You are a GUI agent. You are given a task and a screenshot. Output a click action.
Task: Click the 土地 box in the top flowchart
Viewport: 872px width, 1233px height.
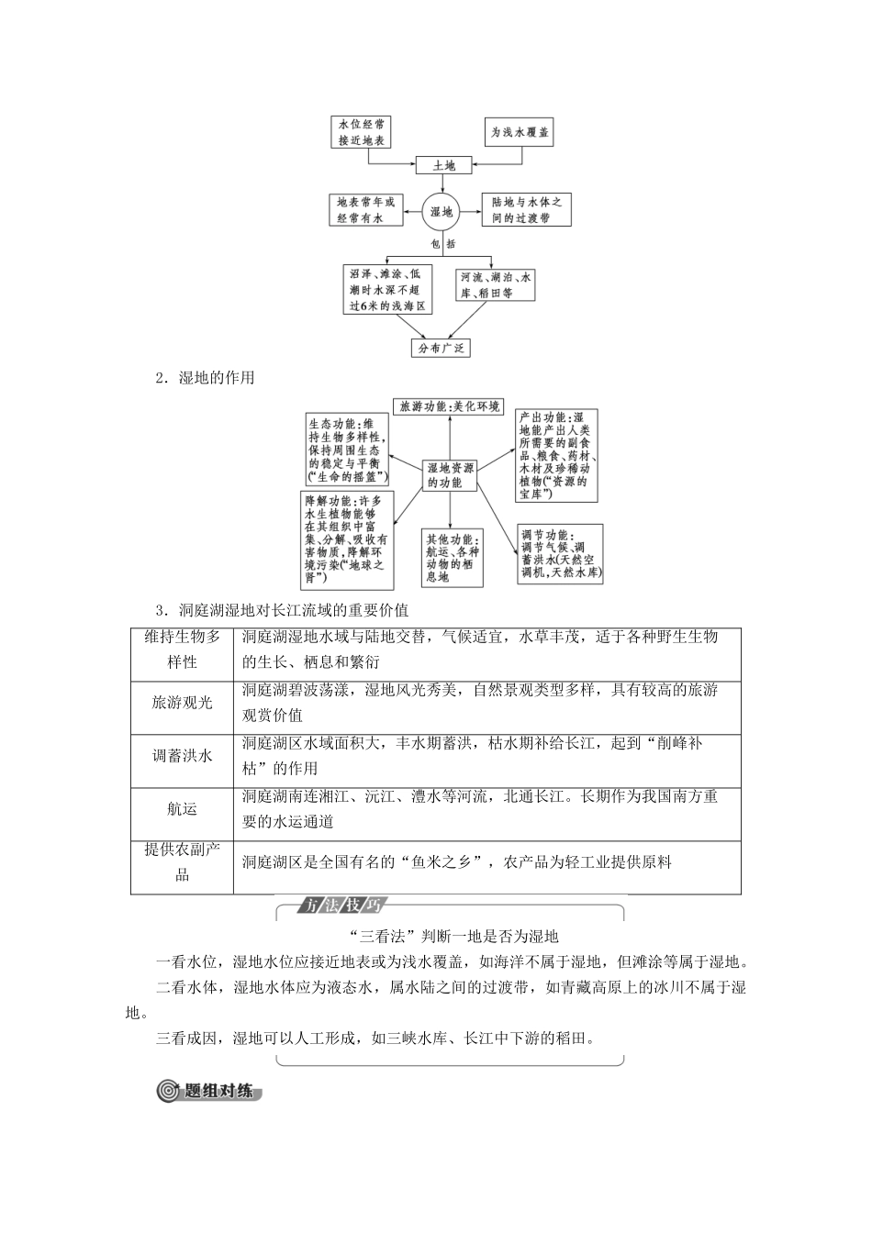pyautogui.click(x=444, y=165)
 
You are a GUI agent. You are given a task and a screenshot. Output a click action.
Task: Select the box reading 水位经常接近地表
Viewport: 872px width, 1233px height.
pyautogui.click(x=362, y=132)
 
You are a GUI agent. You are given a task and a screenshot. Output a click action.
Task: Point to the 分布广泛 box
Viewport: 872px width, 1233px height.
pyautogui.click(x=442, y=348)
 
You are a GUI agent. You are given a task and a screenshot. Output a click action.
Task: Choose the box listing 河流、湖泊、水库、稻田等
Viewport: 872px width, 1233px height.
pyautogui.click(x=497, y=284)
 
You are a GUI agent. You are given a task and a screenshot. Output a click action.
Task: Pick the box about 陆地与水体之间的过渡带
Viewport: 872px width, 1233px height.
pyautogui.click(x=526, y=210)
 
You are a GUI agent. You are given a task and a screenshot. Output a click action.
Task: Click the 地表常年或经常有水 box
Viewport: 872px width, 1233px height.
pyautogui.click(x=364, y=210)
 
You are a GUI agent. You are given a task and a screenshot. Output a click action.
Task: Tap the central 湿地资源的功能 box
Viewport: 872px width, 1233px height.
pyautogui.click(x=451, y=474)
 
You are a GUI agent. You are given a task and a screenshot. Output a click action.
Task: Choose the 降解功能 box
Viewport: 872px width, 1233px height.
pyautogui.click(x=348, y=540)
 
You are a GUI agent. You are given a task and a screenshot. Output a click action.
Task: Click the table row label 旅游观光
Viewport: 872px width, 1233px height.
pyautogui.click(x=182, y=703)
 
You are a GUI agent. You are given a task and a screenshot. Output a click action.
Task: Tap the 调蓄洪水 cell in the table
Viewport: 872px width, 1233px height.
pyautogui.click(x=182, y=756)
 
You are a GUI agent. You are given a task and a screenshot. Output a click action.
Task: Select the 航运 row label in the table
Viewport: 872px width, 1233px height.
pyautogui.click(x=182, y=809)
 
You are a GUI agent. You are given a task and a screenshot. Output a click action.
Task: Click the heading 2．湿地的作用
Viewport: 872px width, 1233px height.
pyautogui.click(x=205, y=377)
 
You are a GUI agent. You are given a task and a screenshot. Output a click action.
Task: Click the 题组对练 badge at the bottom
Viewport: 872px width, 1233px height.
pyautogui.click(x=209, y=1092)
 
